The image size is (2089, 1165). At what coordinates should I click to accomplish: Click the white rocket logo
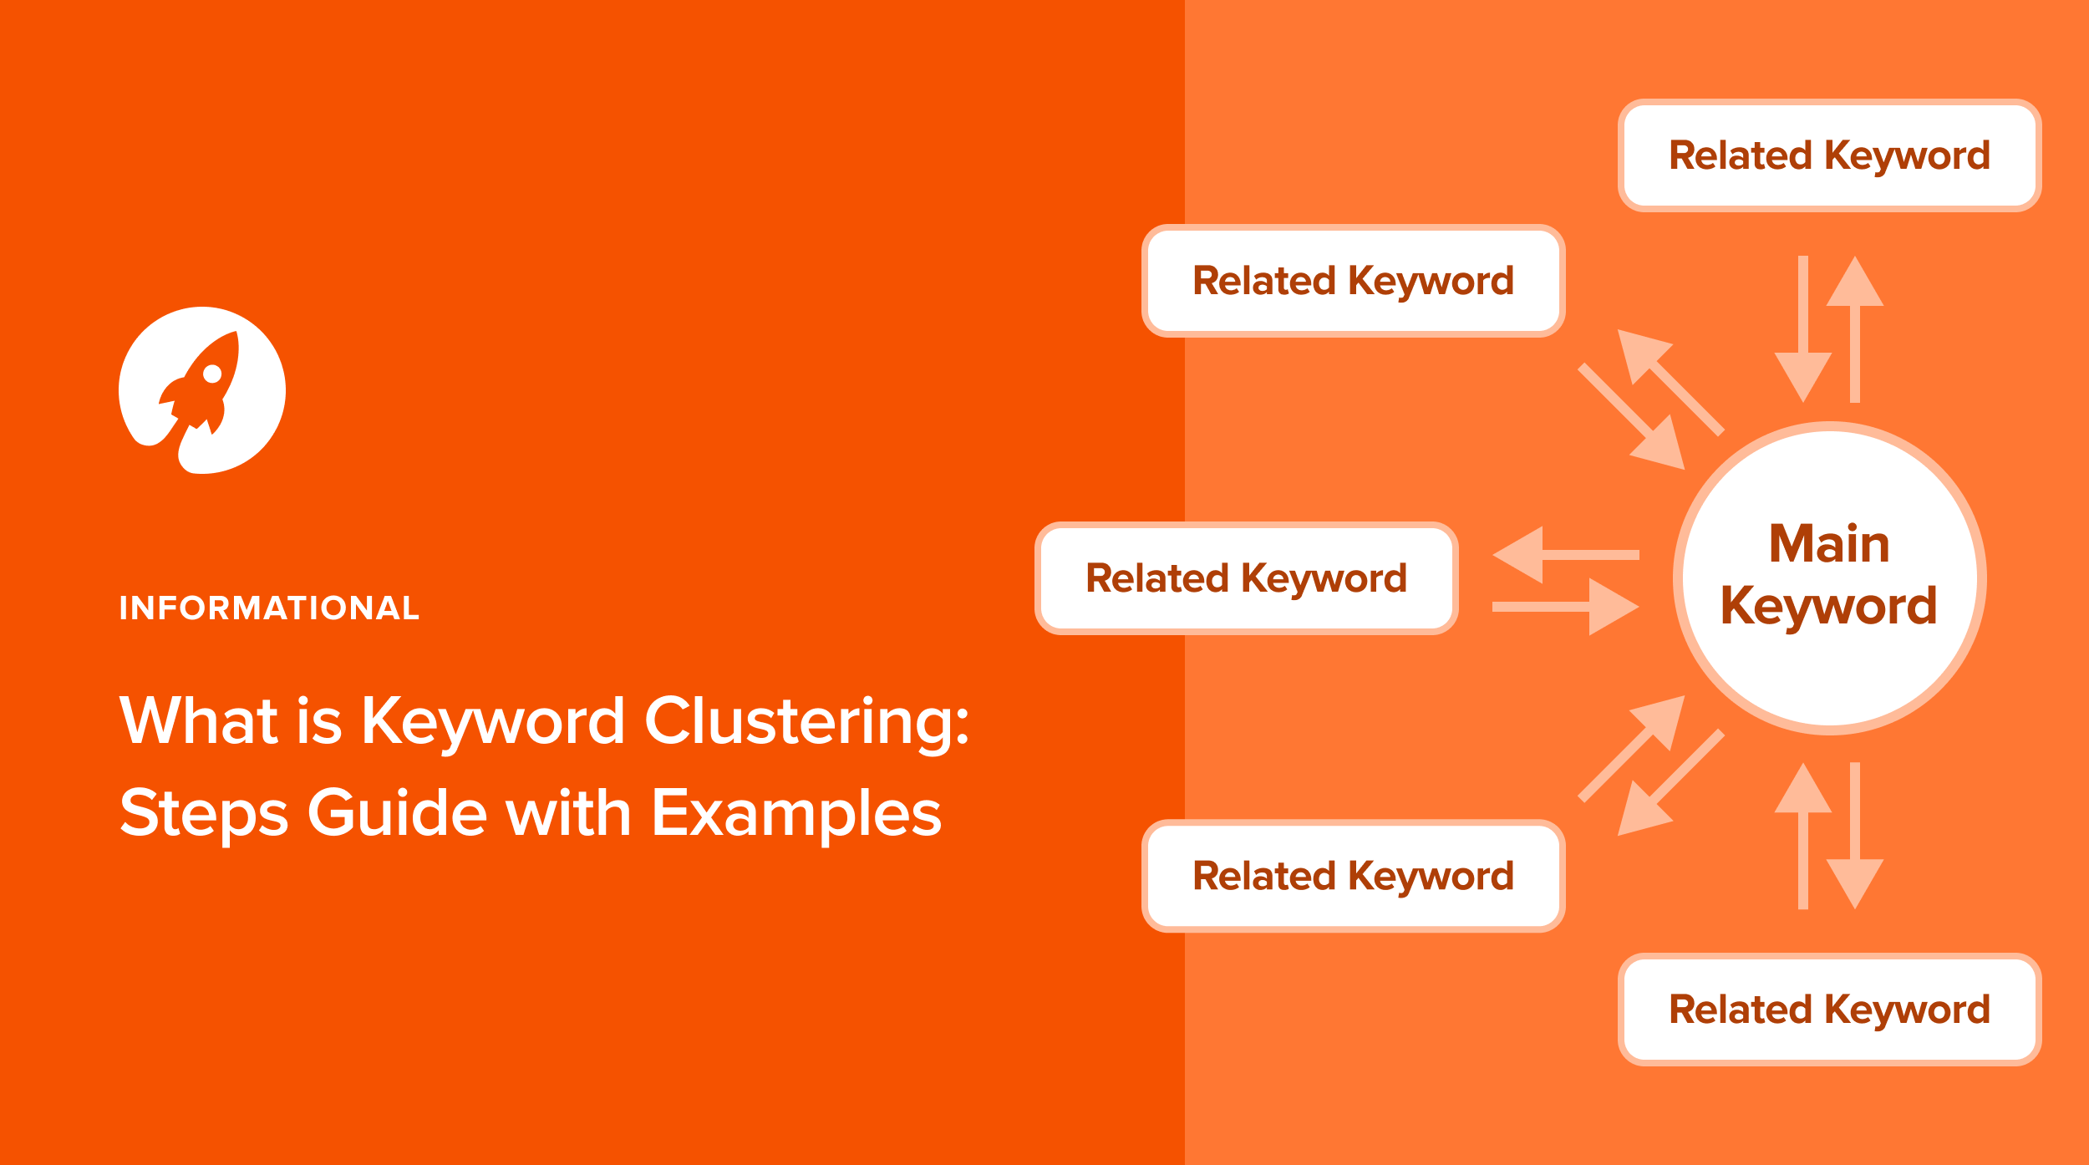(x=202, y=390)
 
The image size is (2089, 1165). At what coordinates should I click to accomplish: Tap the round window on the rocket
(x=212, y=373)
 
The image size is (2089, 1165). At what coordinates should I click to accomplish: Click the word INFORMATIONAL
(x=269, y=608)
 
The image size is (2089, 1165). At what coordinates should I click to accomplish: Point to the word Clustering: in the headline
(x=806, y=724)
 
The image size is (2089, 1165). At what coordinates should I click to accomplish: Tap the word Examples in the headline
(x=796, y=815)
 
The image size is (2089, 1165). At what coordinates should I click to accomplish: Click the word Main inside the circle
(x=1829, y=544)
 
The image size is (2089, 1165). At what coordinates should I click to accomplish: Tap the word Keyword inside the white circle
(x=1829, y=606)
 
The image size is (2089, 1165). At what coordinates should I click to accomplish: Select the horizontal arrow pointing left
(x=1566, y=555)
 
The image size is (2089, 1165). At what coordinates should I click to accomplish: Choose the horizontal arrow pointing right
(x=1566, y=607)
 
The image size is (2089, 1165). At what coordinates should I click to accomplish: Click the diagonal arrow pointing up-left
(x=1670, y=382)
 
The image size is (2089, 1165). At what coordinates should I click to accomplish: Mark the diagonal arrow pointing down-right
(x=1631, y=417)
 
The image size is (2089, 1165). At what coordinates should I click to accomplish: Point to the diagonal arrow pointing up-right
(x=1631, y=748)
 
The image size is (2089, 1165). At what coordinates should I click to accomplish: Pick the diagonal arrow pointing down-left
(x=1670, y=782)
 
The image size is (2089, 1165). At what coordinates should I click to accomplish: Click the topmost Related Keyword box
(x=1830, y=155)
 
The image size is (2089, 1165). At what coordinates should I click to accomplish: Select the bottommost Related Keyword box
(x=1830, y=1010)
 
